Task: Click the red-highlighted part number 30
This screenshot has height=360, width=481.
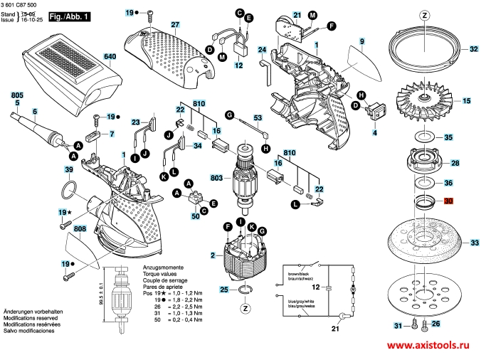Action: click(x=448, y=202)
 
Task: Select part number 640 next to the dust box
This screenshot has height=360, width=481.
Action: click(x=110, y=56)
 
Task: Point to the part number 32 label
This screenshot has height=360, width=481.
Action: click(x=472, y=49)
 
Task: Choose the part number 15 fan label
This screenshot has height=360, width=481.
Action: click(x=467, y=101)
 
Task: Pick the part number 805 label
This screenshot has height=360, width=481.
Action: click(x=16, y=95)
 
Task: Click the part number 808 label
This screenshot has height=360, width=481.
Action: click(x=80, y=228)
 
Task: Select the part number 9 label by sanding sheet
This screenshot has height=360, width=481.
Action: click(x=361, y=43)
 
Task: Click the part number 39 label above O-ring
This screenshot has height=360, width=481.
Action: click(x=68, y=170)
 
